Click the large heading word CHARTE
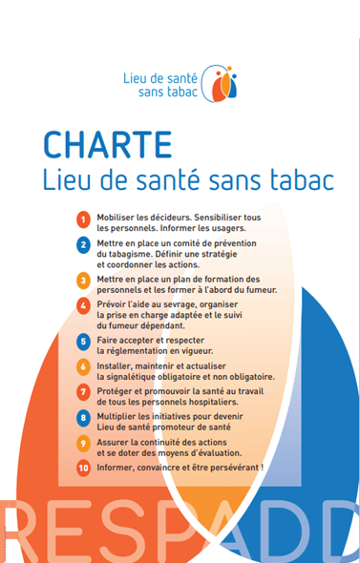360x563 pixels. pos(108,144)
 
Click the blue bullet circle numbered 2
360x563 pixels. pos(83,246)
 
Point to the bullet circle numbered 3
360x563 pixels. pos(83,280)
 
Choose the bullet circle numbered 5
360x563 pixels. pos(83,340)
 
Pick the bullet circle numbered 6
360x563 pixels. pos(83,365)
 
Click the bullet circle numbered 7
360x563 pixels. pos(83,391)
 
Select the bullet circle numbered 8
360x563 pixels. pos(83,417)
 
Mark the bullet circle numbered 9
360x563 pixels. pos(83,443)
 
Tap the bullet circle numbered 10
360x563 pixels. pos(83,468)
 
